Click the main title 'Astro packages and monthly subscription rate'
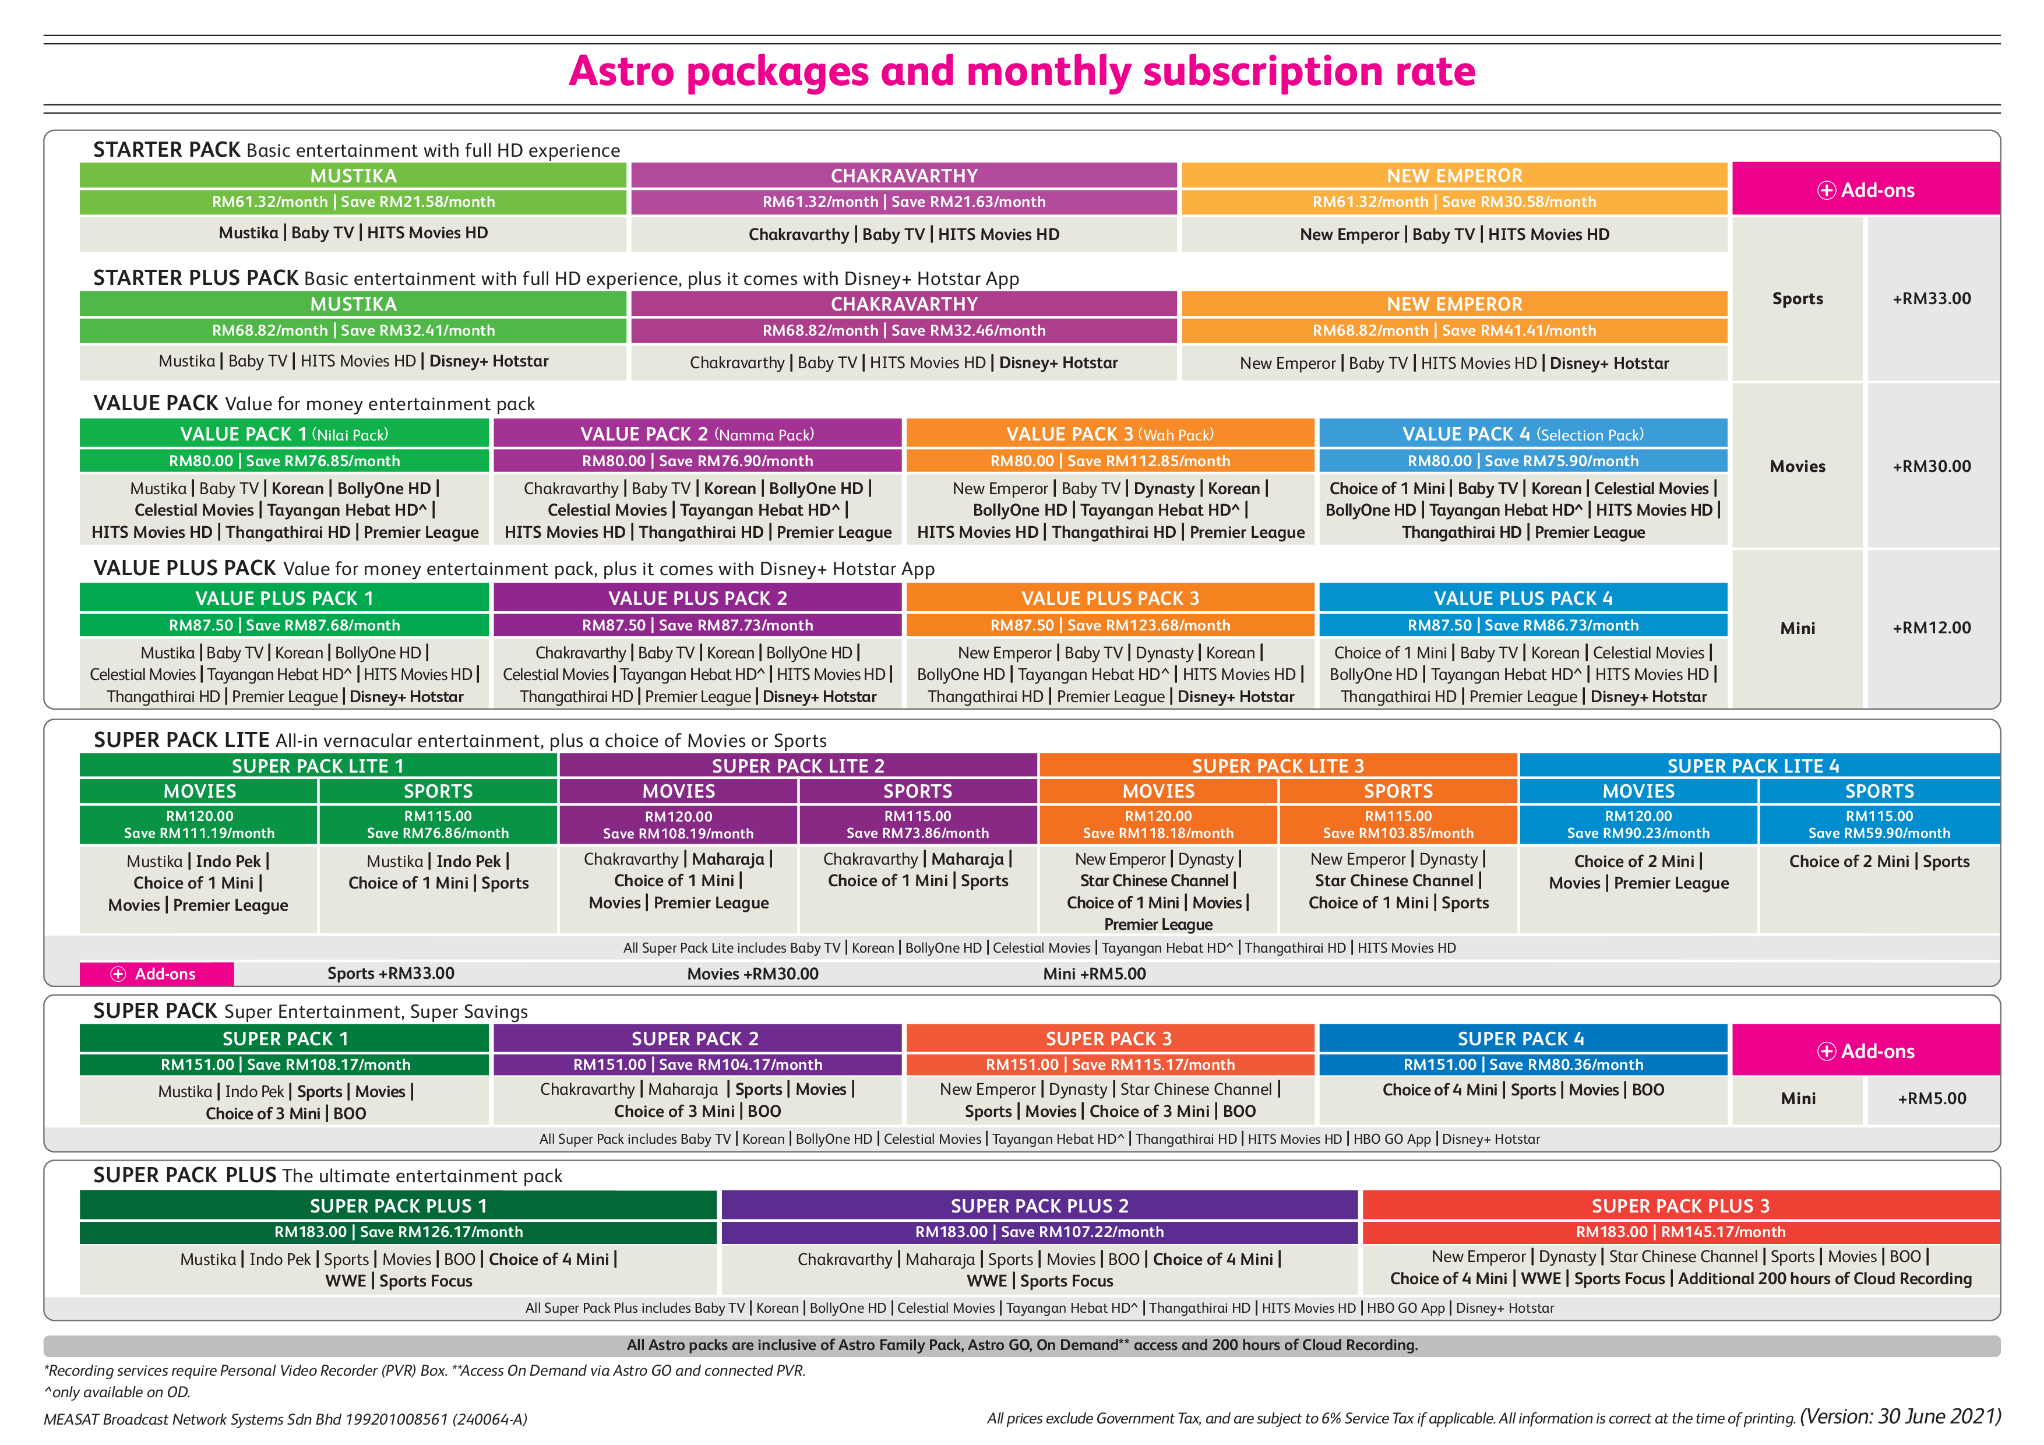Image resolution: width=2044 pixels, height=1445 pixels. pos(1022,71)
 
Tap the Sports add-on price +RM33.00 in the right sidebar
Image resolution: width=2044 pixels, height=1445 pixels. pos(1932,298)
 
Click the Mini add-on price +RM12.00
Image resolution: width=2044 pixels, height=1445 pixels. pos(1932,628)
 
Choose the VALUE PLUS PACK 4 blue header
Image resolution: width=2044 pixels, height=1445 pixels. pos(1523,597)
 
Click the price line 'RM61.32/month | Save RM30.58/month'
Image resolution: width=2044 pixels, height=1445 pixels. pos(1455,202)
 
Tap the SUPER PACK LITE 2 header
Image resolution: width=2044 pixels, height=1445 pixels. pos(798,766)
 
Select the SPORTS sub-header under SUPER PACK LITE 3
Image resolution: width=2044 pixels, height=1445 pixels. pos(1398,791)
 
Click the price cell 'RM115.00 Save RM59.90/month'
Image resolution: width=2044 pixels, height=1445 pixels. pos(1879,824)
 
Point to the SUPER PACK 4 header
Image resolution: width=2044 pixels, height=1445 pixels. pos(1523,1038)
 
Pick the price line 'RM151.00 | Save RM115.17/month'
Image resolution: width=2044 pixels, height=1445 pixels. pos(1110,1065)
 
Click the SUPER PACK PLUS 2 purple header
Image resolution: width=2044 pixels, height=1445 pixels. pos(1040,1206)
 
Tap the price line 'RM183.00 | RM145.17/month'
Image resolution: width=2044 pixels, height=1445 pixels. pos(1681,1232)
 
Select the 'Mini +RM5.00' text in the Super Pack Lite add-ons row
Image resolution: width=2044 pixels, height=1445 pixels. pos(1094,974)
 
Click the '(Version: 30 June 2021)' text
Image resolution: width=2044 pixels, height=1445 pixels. pos(1899,1416)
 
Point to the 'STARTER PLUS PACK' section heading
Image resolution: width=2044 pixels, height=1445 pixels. pos(196,278)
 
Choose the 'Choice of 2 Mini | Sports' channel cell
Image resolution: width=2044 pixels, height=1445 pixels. pos(1879,862)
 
